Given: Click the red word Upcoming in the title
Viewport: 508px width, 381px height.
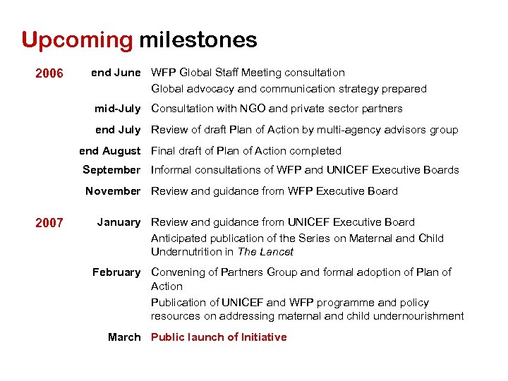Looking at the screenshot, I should pyautogui.click(x=77, y=40).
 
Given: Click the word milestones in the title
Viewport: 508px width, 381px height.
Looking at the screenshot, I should pyautogui.click(x=198, y=40).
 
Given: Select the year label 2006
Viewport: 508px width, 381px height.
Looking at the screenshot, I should pyautogui.click(x=49, y=73).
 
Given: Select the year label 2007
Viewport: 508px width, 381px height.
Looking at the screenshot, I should pyautogui.click(x=49, y=224).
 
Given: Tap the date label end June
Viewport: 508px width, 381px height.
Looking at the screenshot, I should pyautogui.click(x=116, y=73).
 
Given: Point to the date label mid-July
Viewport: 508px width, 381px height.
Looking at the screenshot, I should pyautogui.click(x=118, y=109).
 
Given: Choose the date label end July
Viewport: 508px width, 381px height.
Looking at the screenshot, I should pyautogui.click(x=118, y=130).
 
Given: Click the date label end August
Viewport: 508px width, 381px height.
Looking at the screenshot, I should pyautogui.click(x=110, y=151).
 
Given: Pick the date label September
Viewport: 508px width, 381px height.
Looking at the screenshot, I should pyautogui.click(x=111, y=170).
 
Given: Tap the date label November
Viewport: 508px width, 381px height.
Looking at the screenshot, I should pyautogui.click(x=113, y=191).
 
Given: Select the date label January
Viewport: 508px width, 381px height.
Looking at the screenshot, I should pyautogui.click(x=119, y=222).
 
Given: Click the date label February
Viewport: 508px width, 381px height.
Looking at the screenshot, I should pyautogui.click(x=116, y=272).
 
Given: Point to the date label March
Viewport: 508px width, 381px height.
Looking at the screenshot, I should pyautogui.click(x=124, y=337).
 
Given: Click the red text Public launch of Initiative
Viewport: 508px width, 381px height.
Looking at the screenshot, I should pyautogui.click(x=219, y=337).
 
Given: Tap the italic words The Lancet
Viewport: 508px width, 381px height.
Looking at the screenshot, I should pyautogui.click(x=265, y=252).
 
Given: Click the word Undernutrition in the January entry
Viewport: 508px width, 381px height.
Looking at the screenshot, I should pyautogui.click(x=186, y=252).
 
